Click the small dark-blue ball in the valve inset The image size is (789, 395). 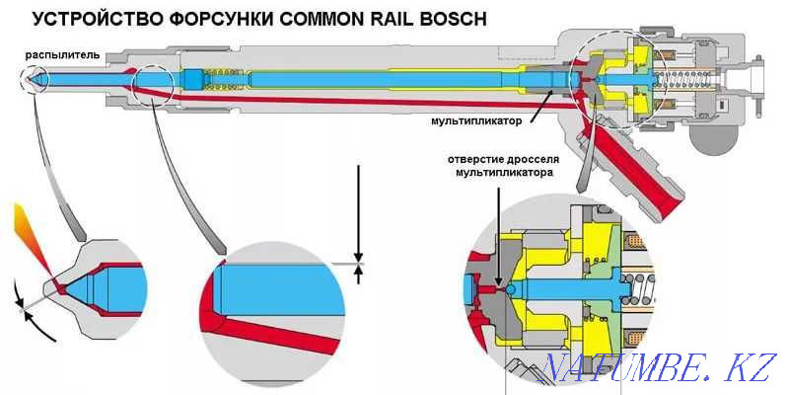(511, 288)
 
